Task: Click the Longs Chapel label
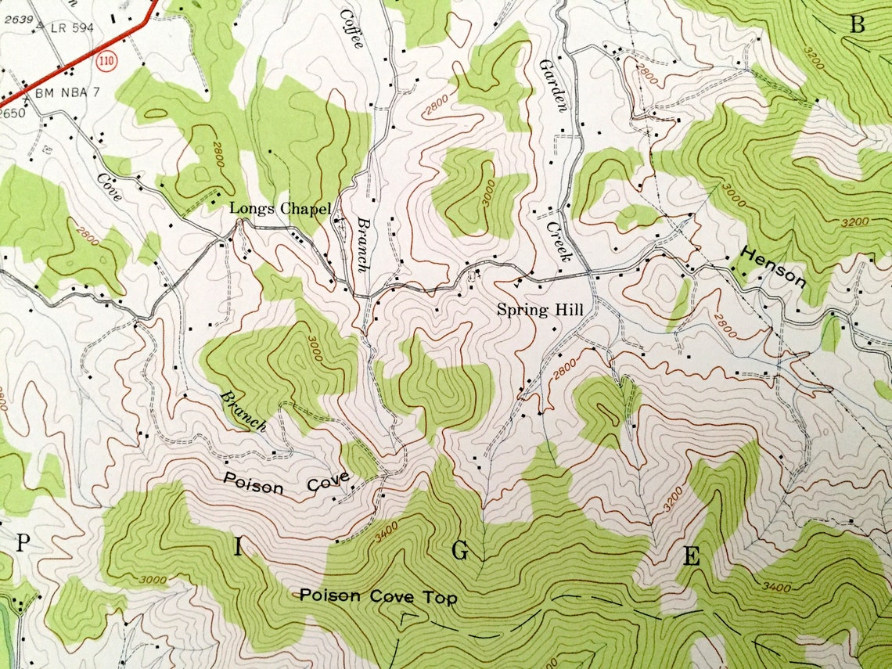279,209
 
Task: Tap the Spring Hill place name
541,311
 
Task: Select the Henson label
773,268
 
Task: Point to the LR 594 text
71,28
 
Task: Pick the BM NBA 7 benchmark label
69,93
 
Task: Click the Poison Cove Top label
378,597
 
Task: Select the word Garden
552,86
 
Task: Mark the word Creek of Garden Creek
560,240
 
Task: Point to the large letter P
23,541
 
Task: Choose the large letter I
238,547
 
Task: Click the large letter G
460,552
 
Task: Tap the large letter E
691,557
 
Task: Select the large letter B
858,25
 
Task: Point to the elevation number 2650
12,113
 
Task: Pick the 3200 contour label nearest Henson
854,222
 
